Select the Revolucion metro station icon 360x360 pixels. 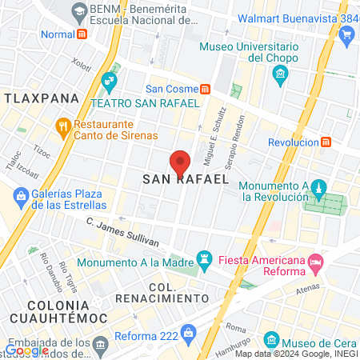tap(326, 142)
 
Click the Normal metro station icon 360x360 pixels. tap(82, 34)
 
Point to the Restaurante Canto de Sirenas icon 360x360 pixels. tap(63, 127)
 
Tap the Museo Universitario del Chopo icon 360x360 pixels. tap(280, 76)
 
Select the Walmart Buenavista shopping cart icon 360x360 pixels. tap(346, 34)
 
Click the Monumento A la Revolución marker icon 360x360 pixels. tap(318, 189)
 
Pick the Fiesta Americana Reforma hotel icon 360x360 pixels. tap(316, 262)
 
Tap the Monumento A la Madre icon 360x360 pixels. tap(206, 261)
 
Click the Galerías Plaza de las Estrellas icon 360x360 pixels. tap(21, 193)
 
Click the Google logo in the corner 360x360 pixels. tap(28, 350)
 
